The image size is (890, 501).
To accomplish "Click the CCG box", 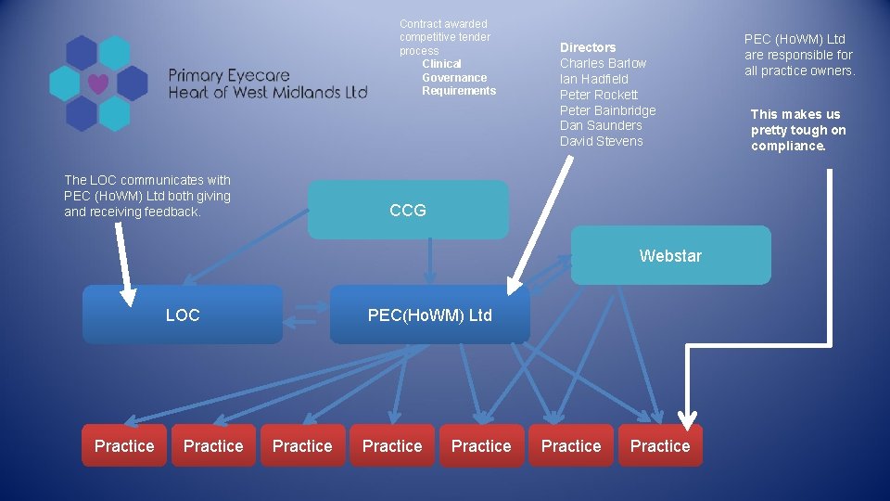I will point(408,211).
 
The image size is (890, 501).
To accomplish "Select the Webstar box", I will point(670,255).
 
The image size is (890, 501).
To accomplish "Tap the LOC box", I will point(183,315).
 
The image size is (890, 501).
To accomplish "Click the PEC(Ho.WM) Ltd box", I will point(430,315).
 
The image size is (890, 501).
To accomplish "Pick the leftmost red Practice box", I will point(124,446).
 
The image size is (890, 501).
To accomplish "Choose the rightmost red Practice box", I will point(660,446).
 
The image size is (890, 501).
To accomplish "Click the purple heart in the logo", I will point(98,83).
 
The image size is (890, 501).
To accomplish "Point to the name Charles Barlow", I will point(603,63).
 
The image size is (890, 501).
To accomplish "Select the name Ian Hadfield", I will point(593,79).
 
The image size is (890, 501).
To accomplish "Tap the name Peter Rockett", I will point(599,95).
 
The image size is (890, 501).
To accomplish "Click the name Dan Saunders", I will point(601,125).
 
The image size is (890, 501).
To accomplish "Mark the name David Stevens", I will point(601,141).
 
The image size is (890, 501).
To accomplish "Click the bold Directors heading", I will point(588,47).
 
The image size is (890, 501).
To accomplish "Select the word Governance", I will point(454,78).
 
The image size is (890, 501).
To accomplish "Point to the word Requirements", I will point(459,90).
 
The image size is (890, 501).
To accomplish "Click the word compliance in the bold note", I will point(787,146).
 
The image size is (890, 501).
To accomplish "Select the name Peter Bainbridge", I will point(607,110).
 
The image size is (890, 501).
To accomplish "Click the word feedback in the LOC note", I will point(172,212).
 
